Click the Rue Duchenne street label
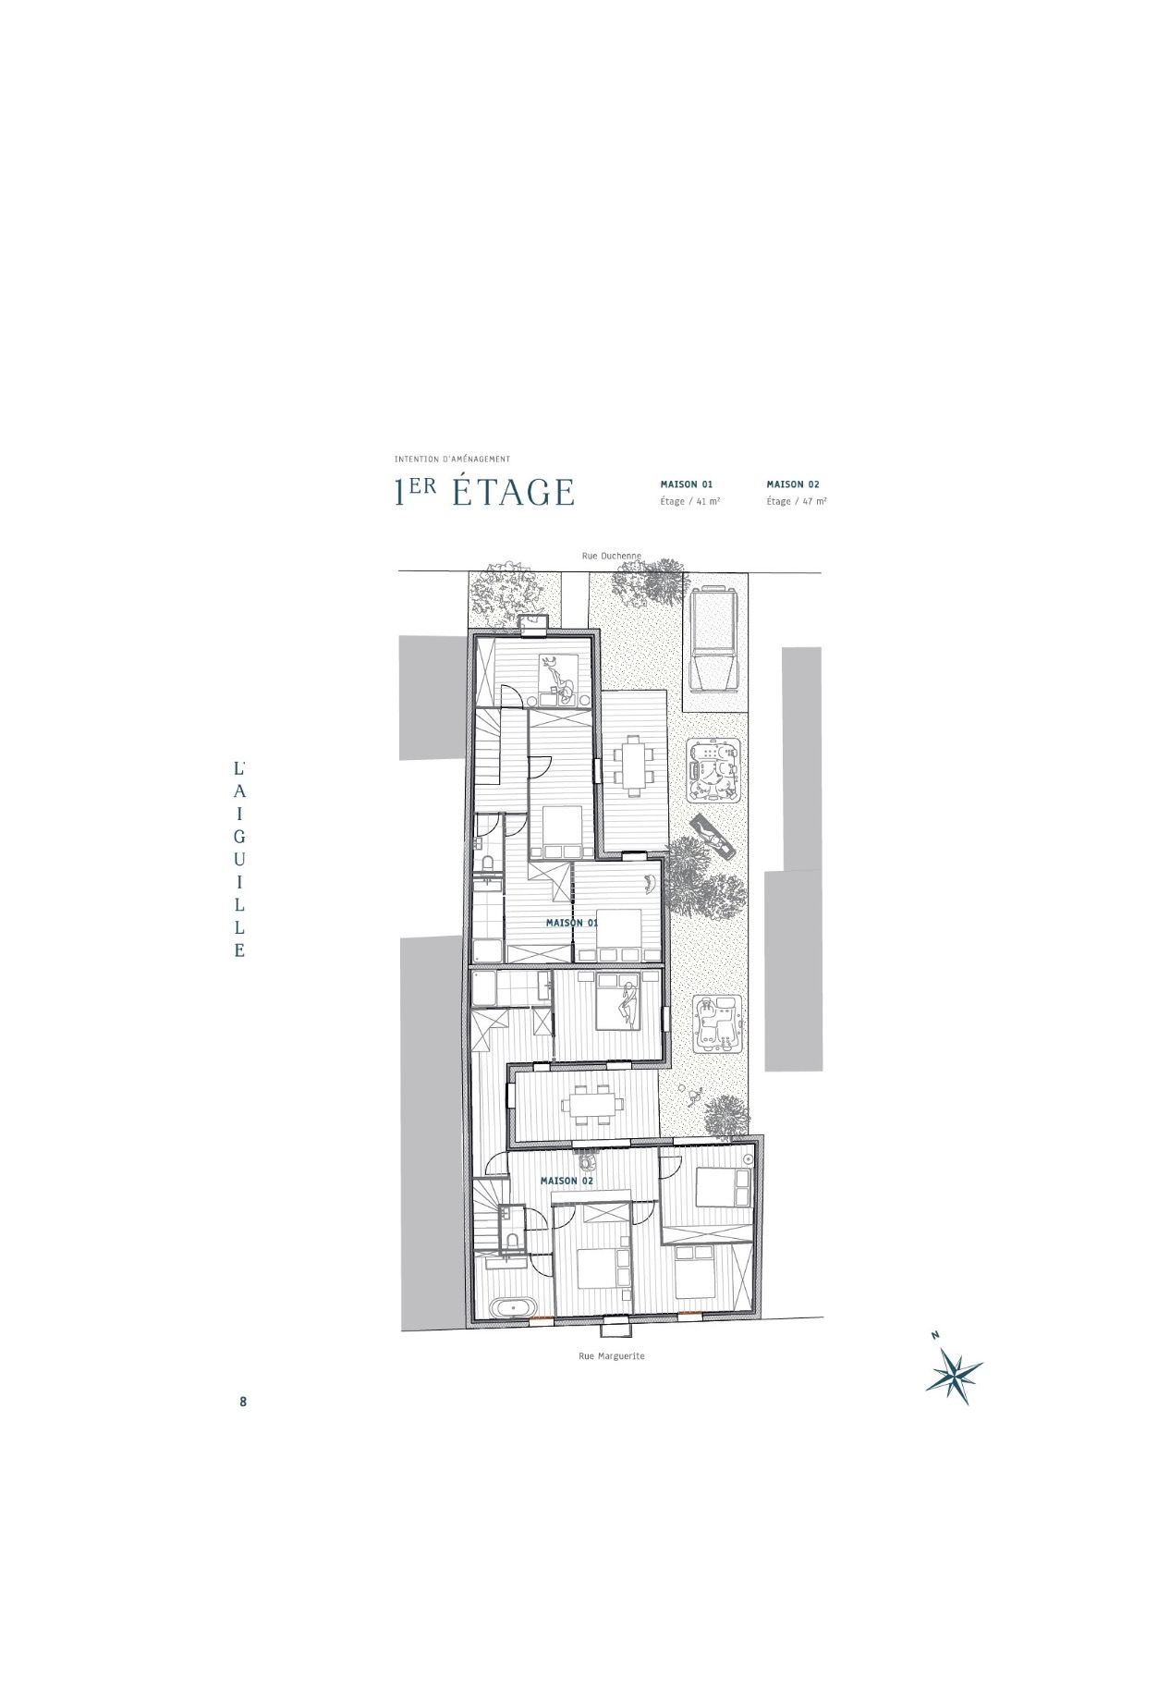[611, 556]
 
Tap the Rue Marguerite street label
[611, 1355]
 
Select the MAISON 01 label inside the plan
[571, 923]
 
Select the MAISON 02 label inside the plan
[567, 1181]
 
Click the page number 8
[243, 1401]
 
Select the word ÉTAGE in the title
[514, 493]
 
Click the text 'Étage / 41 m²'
[690, 501]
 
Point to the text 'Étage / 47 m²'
[797, 501]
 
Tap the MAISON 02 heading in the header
[793, 484]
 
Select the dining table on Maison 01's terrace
[634, 765]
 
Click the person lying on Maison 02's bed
[628, 1005]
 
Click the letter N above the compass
[935, 1335]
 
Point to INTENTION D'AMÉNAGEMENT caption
[452, 459]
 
